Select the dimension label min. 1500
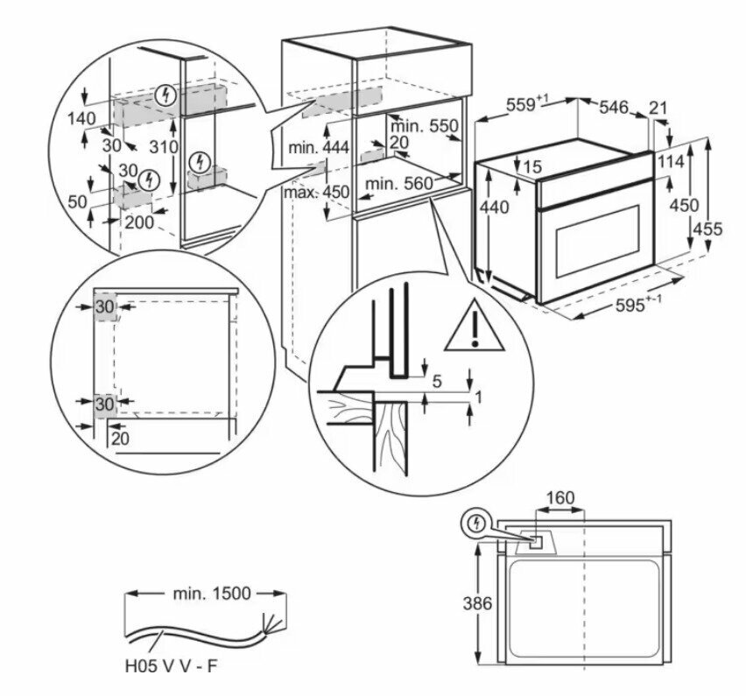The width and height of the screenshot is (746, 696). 211,594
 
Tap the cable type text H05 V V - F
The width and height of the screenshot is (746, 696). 172,666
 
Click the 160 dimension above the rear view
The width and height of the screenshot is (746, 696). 560,498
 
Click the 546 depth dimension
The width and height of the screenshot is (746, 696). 614,108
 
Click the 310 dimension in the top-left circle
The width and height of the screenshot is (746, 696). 164,146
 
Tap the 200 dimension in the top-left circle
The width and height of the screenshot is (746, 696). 139,222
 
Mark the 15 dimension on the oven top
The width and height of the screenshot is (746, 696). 533,166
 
